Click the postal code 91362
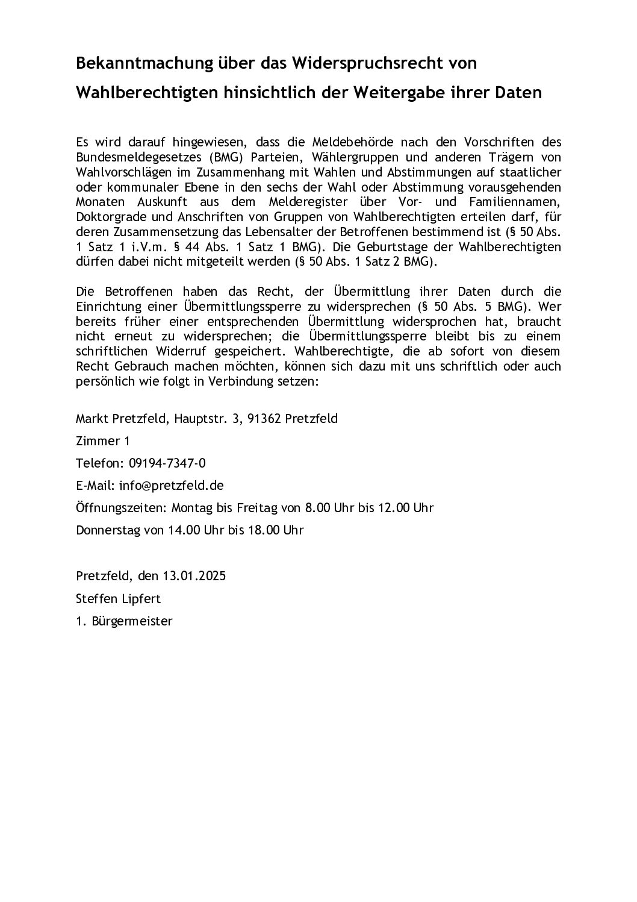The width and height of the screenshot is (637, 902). point(264,419)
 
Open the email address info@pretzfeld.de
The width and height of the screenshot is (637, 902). point(172,486)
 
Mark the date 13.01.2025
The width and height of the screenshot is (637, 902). point(194,576)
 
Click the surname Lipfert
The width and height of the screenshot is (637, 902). point(143,599)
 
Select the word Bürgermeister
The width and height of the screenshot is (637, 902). point(132,621)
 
